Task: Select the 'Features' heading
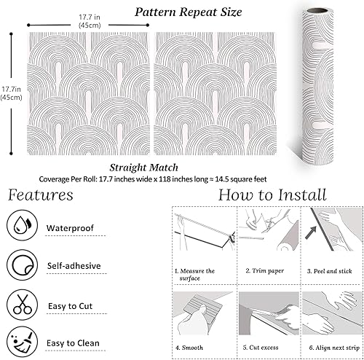pyautogui.click(x=41, y=195)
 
